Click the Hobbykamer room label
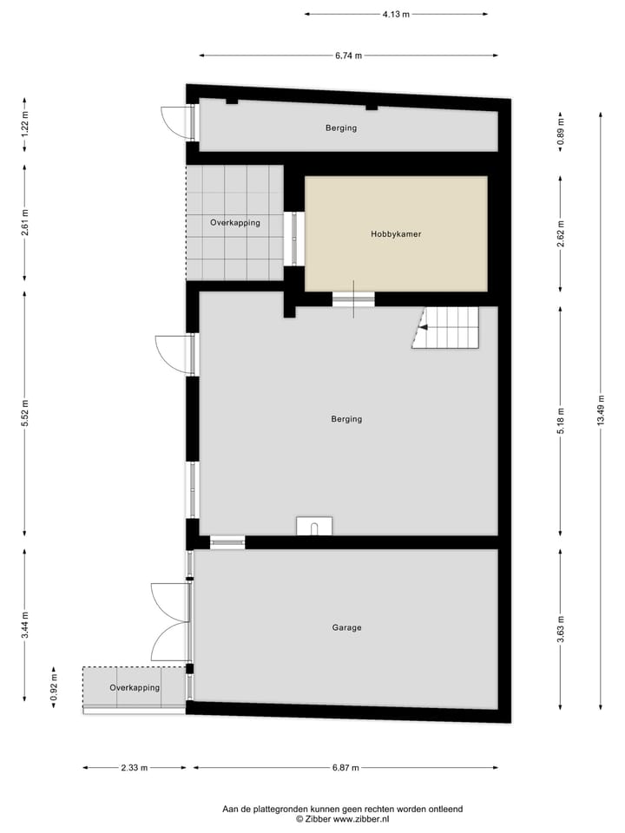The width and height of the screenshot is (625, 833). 396,233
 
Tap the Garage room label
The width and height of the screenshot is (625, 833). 346,627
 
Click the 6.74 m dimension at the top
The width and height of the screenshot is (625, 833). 348,56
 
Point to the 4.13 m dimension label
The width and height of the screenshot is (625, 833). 396,14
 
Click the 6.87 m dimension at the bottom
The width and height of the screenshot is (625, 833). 345,768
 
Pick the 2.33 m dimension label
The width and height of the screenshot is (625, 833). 134,768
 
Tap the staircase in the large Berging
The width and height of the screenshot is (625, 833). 446,327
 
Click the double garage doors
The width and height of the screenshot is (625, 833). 171,621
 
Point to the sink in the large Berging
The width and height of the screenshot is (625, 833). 314,526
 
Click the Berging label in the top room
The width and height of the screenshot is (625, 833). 341,128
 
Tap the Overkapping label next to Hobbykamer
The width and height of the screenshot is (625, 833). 234,223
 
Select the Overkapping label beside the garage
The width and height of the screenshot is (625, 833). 135,688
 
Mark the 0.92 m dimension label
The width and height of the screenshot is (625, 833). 52,687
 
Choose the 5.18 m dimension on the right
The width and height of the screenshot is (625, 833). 561,417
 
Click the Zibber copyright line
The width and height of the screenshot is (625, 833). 342,818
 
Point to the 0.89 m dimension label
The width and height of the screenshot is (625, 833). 561,130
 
